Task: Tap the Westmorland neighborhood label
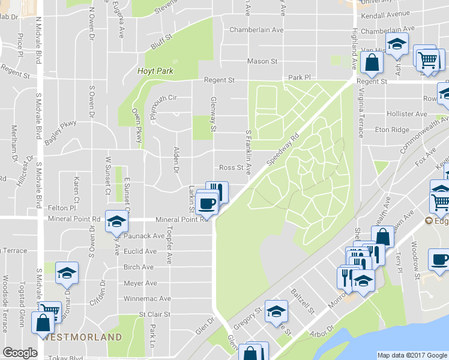click(83, 338)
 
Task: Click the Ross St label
click(231, 168)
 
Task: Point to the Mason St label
click(262, 61)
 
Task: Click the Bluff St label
click(161, 40)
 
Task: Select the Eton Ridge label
click(392, 130)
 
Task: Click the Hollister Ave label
click(407, 113)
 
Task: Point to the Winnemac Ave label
click(147, 298)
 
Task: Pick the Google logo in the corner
click(20, 353)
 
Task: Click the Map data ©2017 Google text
click(412, 355)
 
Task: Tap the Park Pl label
click(300, 78)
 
